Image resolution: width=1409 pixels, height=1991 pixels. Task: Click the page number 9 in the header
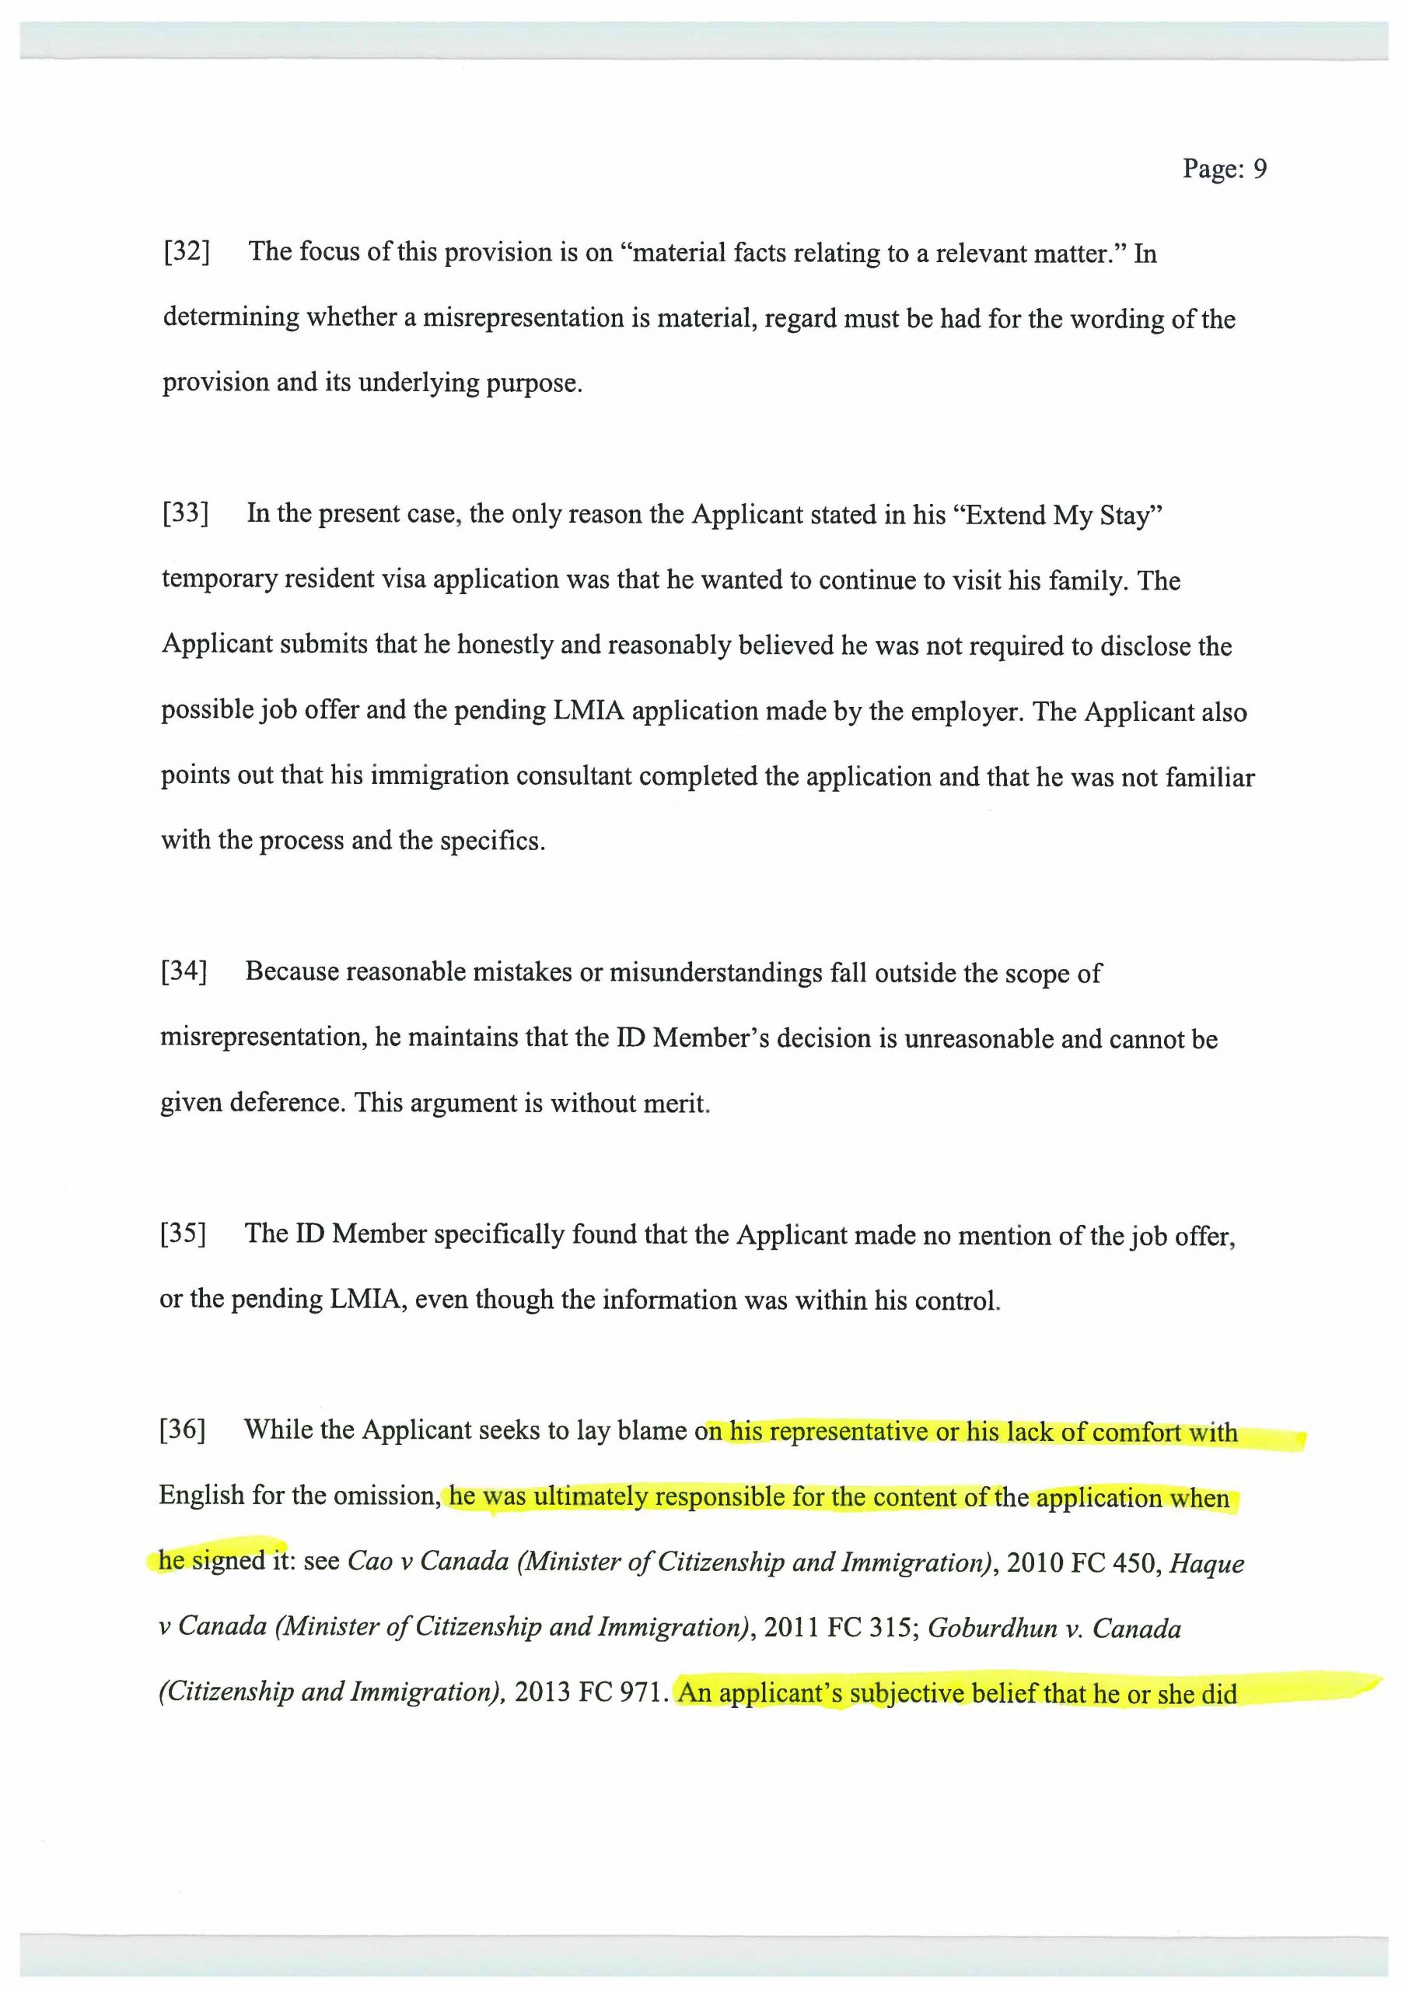[x=1260, y=168]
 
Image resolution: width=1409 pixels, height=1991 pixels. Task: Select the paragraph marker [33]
[x=186, y=513]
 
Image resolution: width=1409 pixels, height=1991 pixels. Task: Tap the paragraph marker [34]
[x=184, y=971]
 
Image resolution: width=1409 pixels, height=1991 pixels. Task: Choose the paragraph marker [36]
[x=183, y=1429]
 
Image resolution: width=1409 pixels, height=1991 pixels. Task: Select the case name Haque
[x=1208, y=1563]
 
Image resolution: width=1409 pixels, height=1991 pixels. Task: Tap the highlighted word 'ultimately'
[x=591, y=1497]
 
